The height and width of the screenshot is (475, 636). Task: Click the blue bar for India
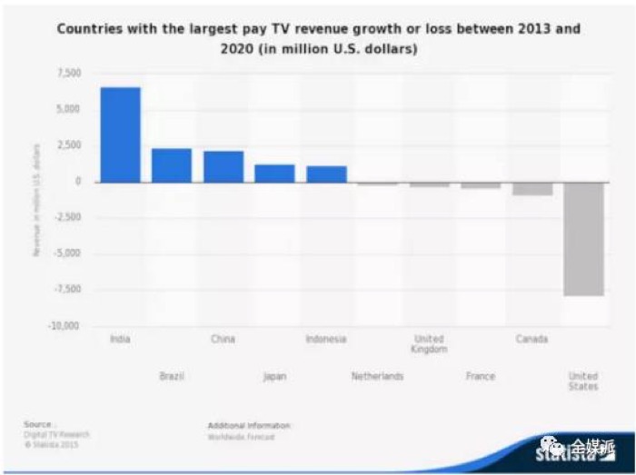(x=120, y=134)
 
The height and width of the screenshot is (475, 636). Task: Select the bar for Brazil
(x=172, y=165)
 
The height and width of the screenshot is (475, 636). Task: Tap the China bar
(x=224, y=166)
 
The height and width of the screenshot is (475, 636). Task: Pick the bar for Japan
(x=274, y=173)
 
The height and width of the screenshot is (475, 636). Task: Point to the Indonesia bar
(x=326, y=174)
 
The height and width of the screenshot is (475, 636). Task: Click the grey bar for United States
(x=583, y=239)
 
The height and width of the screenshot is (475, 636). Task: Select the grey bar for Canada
(x=532, y=189)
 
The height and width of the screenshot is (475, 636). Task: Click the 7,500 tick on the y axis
(x=69, y=73)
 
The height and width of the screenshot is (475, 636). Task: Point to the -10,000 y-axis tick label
(x=65, y=326)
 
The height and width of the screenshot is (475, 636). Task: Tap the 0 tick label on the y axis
(x=78, y=182)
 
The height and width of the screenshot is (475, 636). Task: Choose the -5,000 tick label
(x=67, y=253)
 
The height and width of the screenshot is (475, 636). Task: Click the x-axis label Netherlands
(x=377, y=376)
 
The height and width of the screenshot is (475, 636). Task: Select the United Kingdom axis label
(x=429, y=344)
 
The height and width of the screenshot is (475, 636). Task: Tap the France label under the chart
(x=480, y=376)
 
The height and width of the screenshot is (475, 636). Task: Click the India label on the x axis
(x=120, y=340)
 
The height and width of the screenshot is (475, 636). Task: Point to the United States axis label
(x=583, y=381)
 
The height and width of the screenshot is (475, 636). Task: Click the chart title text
(x=318, y=39)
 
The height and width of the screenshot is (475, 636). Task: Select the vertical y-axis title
(x=37, y=200)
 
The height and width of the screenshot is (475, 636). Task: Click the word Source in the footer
(x=37, y=424)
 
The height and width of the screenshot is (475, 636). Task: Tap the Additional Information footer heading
(x=249, y=425)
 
